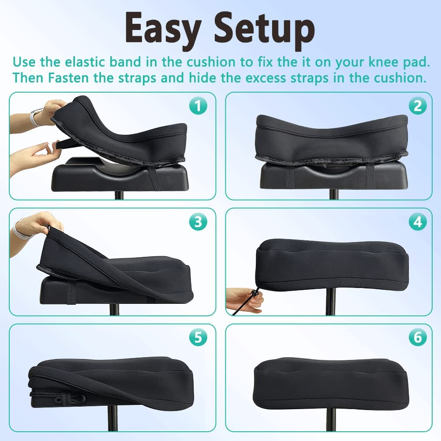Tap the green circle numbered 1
click(198, 106)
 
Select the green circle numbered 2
click(417, 106)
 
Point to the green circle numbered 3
click(198, 222)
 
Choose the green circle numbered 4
click(417, 222)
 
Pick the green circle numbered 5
click(198, 338)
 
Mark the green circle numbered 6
click(417, 338)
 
